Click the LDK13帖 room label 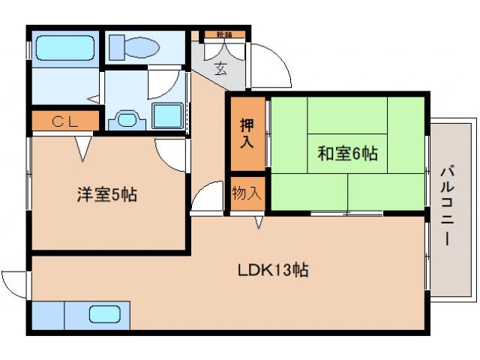pyautogui.click(x=275, y=268)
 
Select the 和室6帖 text pyautogui.click(x=346, y=154)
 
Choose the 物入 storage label pyautogui.click(x=247, y=193)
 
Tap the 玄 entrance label pyautogui.click(x=221, y=70)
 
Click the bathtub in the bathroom pyautogui.click(x=65, y=49)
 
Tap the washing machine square pyautogui.click(x=167, y=116)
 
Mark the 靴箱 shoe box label pyautogui.click(x=223, y=34)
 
